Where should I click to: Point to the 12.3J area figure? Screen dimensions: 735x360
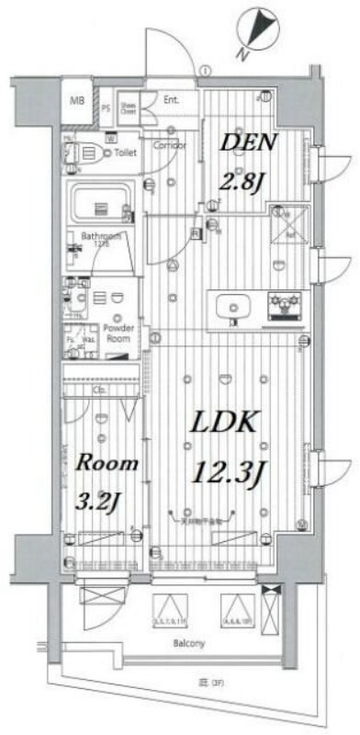pyautogui.click(x=229, y=473)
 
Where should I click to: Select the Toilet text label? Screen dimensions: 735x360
pyautogui.click(x=126, y=153)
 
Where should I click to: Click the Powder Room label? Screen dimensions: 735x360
pyautogui.click(x=118, y=333)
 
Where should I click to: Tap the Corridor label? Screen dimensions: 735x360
pyautogui.click(x=169, y=146)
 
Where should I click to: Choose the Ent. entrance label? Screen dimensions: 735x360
pyautogui.click(x=172, y=99)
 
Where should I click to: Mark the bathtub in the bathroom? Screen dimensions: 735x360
pyautogui.click(x=101, y=203)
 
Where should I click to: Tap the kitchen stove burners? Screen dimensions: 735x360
pyautogui.click(x=280, y=303)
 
